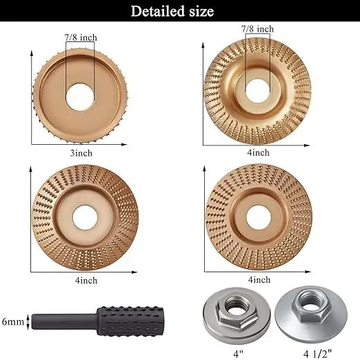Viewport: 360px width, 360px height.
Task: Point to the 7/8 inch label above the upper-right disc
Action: [257, 29]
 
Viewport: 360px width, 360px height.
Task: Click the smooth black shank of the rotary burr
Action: [48, 321]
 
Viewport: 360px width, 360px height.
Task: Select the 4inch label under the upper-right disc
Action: [258, 152]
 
